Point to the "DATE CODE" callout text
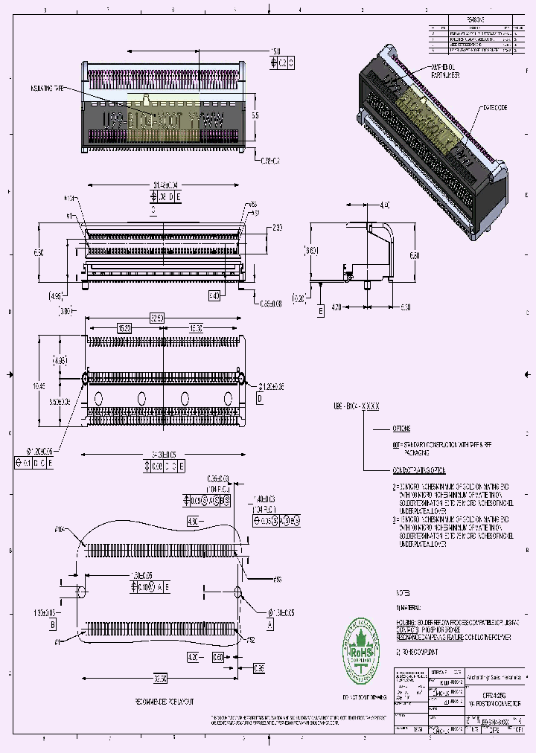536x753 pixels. coord(495,108)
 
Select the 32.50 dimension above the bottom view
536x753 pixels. coord(156,317)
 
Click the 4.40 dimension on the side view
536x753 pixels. coord(385,205)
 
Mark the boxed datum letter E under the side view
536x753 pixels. coord(320,312)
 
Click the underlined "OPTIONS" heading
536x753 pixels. coord(401,429)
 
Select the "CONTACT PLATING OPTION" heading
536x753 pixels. coord(419,471)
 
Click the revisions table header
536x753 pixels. coord(476,21)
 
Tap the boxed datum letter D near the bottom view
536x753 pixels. coord(260,399)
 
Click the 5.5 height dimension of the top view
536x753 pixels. coord(255,116)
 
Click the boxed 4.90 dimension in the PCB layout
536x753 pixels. coord(193,520)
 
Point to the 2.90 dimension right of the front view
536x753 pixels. coord(277,227)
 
